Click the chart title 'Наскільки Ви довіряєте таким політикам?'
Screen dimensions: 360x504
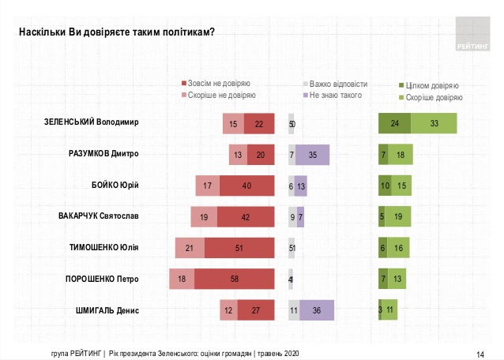(117, 32)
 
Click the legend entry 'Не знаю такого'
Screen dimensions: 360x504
(336, 96)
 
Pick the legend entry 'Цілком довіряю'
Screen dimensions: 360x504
(431, 85)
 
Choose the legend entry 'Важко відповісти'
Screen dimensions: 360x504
(338, 83)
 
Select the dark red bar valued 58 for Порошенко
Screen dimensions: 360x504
(233, 279)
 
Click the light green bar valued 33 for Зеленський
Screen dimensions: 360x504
(434, 124)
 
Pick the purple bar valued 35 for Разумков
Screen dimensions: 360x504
(313, 155)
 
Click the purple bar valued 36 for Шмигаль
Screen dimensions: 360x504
(316, 310)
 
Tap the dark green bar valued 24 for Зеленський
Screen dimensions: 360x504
(394, 124)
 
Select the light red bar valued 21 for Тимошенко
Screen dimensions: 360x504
(190, 248)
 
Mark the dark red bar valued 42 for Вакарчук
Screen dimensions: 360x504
(245, 217)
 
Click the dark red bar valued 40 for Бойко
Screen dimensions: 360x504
(246, 186)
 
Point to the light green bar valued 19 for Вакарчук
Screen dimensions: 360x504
(398, 217)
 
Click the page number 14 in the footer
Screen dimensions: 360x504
(480, 353)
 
